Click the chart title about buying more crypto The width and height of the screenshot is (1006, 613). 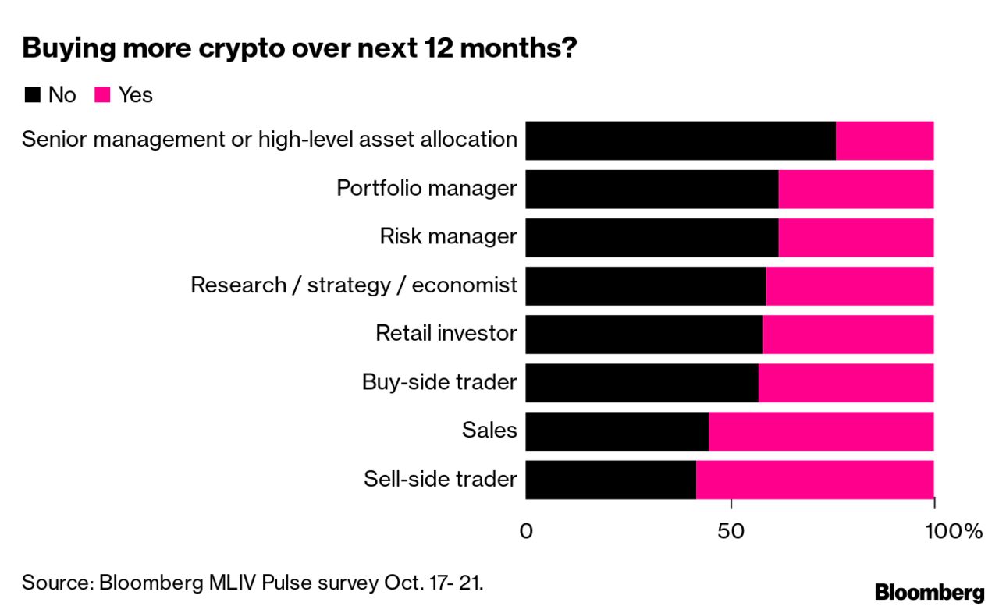pyautogui.click(x=300, y=48)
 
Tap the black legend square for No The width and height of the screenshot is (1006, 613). pyautogui.click(x=32, y=95)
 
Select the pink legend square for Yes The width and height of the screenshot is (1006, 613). pyautogui.click(x=102, y=95)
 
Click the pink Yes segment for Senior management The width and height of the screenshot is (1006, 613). pyautogui.click(x=884, y=140)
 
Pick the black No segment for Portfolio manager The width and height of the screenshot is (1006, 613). pyautogui.click(x=652, y=189)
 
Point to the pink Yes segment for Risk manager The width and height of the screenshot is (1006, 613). pyautogui.click(x=855, y=237)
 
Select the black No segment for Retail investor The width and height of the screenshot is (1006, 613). pyautogui.click(x=644, y=334)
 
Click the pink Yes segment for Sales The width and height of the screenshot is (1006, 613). pyautogui.click(x=820, y=431)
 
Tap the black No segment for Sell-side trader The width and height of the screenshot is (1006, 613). pyautogui.click(x=610, y=479)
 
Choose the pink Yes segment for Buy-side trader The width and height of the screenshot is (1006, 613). pyautogui.click(x=845, y=382)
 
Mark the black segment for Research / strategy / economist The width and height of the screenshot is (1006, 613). pyautogui.click(x=645, y=285)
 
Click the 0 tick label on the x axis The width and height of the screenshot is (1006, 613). pyautogui.click(x=526, y=532)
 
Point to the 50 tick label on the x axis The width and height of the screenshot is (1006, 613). pyautogui.click(x=731, y=532)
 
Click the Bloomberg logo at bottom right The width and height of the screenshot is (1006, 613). pyautogui.click(x=929, y=592)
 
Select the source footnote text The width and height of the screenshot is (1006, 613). pyautogui.click(x=252, y=583)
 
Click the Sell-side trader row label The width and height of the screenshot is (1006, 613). pyautogui.click(x=440, y=479)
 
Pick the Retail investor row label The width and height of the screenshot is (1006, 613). pyautogui.click(x=446, y=334)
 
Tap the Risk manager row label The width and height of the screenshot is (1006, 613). pyautogui.click(x=448, y=237)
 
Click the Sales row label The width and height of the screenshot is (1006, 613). pyautogui.click(x=489, y=431)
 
